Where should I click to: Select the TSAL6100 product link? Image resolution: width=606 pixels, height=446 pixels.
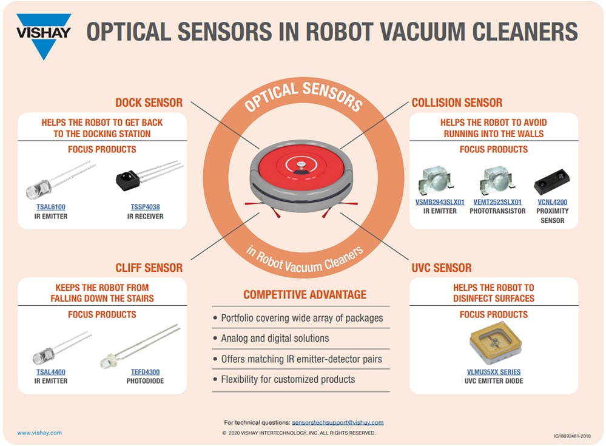coord(51,207)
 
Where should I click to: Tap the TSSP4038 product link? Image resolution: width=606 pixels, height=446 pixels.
coord(145,207)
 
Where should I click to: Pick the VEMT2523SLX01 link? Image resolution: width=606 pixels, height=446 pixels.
coord(496,202)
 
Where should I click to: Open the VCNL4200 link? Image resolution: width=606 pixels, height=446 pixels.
coord(551,202)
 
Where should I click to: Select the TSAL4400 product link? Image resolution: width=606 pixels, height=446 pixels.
coord(50,372)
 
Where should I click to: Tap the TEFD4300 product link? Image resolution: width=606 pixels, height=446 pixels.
coord(145,372)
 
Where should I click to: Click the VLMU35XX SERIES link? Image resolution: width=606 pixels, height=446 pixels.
coord(493,372)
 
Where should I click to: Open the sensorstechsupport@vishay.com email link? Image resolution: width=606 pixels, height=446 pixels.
coord(337,422)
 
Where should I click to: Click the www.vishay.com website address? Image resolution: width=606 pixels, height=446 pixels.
coord(39,433)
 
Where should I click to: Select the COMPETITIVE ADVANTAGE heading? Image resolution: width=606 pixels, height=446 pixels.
coord(305,295)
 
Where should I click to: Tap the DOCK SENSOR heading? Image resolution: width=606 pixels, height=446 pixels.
coord(149,103)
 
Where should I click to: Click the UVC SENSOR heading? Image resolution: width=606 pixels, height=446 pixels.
coord(441,268)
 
